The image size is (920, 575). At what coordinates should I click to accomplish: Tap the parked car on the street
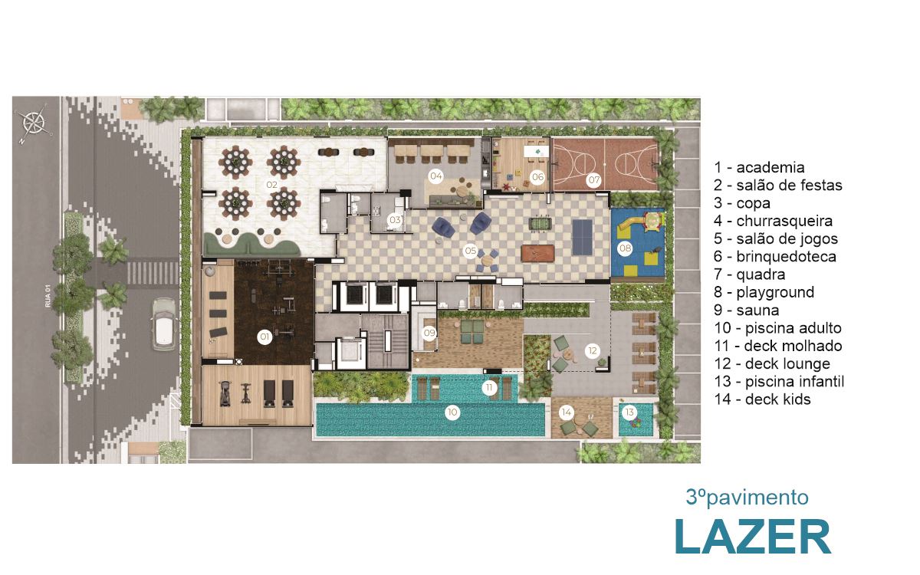click(164, 324)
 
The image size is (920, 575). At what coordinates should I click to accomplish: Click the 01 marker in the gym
click(264, 337)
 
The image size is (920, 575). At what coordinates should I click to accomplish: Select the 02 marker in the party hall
click(271, 185)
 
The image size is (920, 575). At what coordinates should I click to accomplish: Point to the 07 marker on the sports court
click(594, 179)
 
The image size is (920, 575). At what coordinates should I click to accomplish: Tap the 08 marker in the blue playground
click(625, 248)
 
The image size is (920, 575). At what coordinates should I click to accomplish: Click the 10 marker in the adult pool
click(452, 412)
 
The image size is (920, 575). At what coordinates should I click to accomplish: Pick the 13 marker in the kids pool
click(629, 412)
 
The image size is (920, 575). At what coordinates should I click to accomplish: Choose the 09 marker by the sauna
click(429, 333)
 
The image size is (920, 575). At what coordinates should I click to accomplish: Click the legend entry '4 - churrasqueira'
click(773, 221)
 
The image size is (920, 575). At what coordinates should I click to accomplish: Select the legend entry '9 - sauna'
click(746, 310)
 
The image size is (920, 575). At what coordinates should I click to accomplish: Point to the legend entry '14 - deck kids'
click(762, 399)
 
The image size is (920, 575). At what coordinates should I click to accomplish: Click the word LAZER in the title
click(753, 537)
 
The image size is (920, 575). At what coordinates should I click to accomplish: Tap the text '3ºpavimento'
click(747, 498)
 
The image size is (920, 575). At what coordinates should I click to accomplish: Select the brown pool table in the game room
click(537, 253)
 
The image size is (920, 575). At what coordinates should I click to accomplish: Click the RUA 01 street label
click(48, 298)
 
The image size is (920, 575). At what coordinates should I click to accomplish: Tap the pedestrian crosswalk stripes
click(153, 273)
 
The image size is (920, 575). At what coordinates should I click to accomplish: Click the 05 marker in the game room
click(470, 251)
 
